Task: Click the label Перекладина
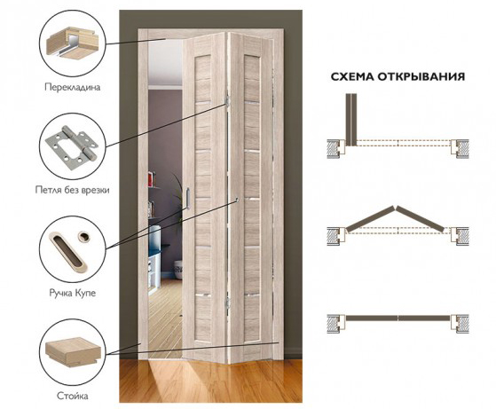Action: point(73,87)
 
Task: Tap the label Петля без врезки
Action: point(73,190)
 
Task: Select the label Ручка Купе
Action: point(73,294)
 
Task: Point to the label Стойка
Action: point(73,396)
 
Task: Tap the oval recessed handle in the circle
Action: point(68,251)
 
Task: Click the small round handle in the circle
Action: point(84,236)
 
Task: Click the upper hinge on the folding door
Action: point(227,100)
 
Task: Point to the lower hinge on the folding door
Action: point(226,303)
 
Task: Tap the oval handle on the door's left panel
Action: point(187,199)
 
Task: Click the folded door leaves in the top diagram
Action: point(351,120)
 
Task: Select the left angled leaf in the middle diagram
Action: point(370,219)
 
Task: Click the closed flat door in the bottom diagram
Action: point(398,318)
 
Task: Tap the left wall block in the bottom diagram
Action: point(335,324)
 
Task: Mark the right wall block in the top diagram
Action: point(460,149)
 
